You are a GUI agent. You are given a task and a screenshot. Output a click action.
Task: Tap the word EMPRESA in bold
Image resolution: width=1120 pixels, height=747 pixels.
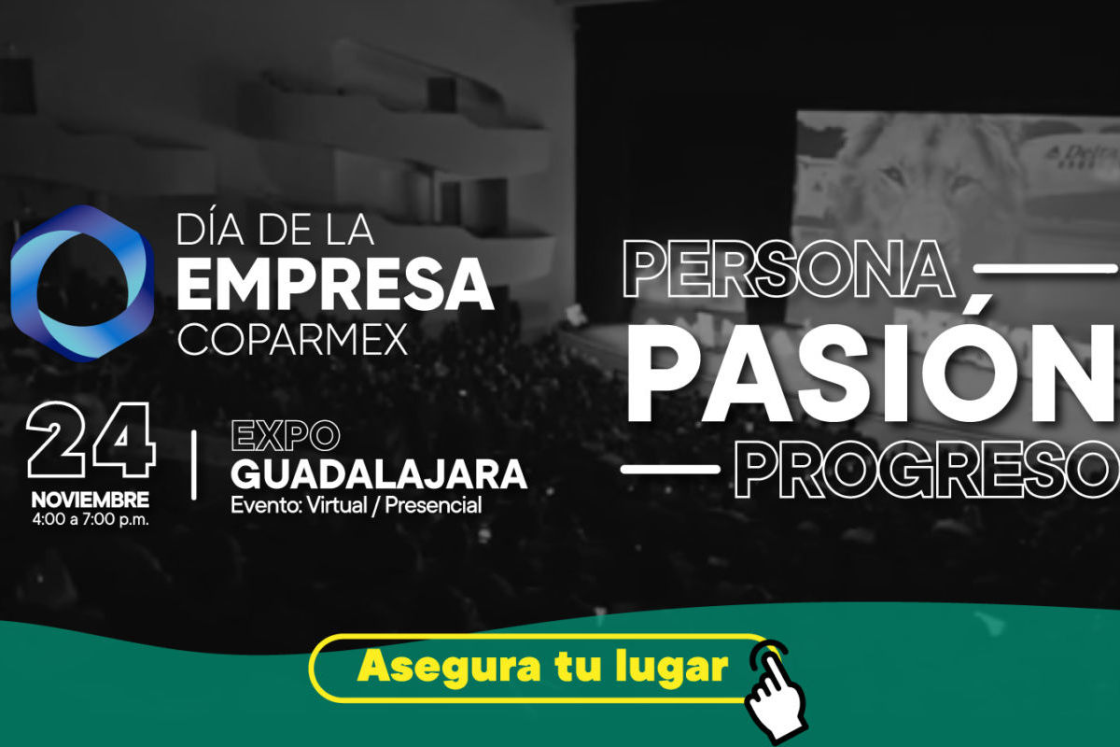coord(335,285)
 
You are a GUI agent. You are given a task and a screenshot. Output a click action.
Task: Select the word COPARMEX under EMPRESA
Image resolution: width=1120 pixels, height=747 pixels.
coord(292,339)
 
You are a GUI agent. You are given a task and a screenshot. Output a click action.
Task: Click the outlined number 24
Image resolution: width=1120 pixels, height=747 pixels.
coord(91,440)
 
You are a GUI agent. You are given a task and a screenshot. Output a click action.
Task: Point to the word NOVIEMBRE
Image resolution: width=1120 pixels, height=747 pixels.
coord(91,500)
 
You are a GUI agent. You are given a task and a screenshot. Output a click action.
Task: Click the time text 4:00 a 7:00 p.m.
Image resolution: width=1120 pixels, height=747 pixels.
coord(91,519)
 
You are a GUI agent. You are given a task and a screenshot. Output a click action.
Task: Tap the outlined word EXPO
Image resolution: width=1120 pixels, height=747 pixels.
coord(286,436)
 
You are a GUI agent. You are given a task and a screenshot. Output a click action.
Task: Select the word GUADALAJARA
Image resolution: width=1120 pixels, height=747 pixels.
coord(379,474)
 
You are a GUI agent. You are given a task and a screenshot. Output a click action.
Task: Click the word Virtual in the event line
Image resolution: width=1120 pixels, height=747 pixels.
coord(337,505)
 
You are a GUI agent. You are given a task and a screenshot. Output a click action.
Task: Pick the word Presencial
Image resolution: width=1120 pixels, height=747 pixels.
coord(433,505)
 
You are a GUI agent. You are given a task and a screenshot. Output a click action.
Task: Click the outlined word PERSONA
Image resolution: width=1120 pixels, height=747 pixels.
coord(787,269)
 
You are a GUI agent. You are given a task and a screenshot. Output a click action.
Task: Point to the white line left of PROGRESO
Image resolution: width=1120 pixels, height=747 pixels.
coord(670,469)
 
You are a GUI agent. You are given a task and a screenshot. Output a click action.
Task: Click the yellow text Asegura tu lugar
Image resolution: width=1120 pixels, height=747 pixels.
coord(542,667)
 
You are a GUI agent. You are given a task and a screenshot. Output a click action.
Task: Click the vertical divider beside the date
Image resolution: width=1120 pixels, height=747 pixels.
coord(193,466)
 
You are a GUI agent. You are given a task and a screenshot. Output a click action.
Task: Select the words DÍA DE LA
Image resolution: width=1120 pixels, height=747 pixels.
coord(275,230)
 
